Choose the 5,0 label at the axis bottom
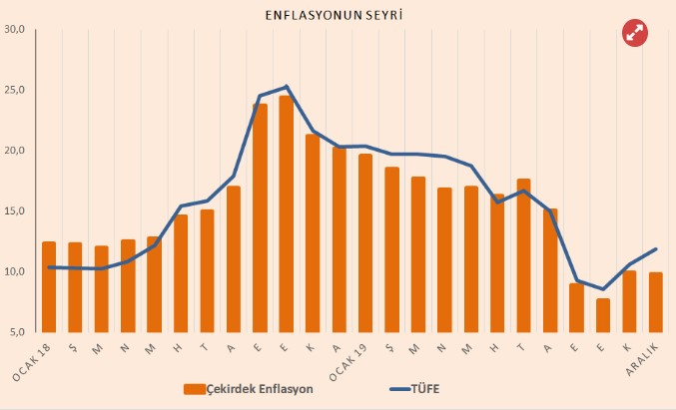(17, 332)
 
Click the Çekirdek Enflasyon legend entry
(253, 388)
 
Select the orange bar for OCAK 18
(49, 287)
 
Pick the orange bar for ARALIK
(655, 302)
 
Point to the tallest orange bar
(286, 214)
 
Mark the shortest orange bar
(602, 315)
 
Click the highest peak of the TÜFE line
(287, 86)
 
